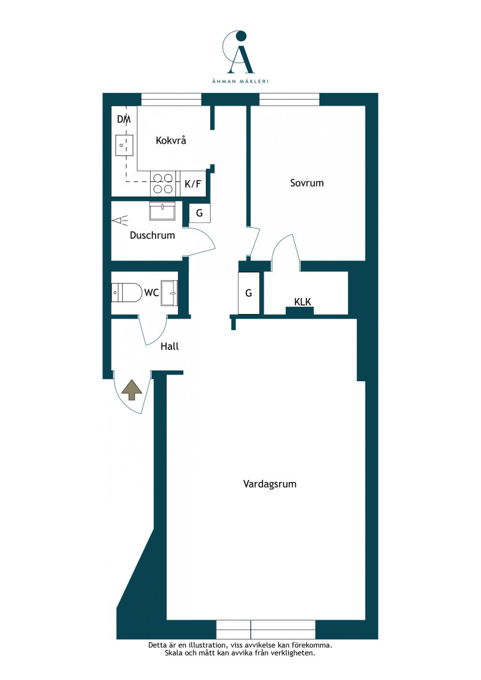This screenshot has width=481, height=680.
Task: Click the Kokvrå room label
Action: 171,140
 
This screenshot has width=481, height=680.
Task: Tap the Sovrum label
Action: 307,183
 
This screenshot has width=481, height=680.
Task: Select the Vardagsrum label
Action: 270,484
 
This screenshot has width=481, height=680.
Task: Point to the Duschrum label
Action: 152,236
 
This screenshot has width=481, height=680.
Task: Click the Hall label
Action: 169,346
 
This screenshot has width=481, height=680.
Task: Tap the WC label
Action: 151,293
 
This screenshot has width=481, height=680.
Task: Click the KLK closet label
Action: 302,302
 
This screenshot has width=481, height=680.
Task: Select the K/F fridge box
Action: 193,184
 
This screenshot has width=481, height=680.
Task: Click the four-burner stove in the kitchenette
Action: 162,183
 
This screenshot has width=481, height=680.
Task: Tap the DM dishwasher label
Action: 124,119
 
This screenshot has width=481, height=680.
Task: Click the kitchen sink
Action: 124,145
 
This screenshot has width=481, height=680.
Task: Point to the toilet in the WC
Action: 127,293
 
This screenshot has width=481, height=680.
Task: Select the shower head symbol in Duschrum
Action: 120,220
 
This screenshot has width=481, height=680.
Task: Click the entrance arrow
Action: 132,390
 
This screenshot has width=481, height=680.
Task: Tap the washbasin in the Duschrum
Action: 162,211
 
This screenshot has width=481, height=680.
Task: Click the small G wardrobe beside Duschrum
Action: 199,213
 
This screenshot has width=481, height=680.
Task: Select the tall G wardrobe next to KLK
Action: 248,293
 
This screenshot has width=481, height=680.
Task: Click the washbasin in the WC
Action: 169,293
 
